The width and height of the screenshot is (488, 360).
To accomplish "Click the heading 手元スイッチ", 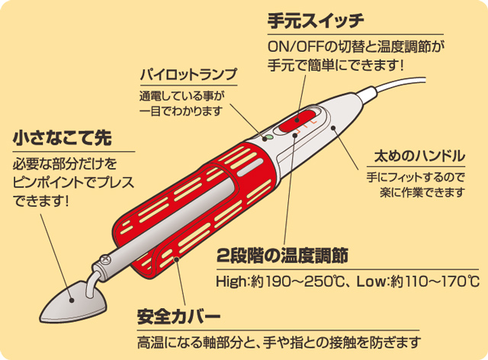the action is point(316,21).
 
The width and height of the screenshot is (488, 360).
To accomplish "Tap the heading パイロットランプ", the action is point(188,75).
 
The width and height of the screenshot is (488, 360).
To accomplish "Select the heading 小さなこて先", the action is point(63,138).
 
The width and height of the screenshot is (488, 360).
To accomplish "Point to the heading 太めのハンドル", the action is point(419,156).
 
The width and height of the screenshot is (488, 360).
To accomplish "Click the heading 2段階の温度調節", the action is point(282,256).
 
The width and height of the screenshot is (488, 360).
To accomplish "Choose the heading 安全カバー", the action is point(179,317).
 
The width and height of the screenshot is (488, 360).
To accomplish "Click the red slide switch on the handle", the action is point(297,121).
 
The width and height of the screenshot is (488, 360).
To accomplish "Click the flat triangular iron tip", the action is point(73,303).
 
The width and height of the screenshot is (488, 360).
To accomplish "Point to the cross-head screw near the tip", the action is point(105,259).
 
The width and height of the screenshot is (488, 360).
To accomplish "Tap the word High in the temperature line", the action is point(230,281).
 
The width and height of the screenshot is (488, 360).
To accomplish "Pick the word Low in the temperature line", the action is point(371,281).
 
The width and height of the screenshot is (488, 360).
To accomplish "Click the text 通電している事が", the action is point(182,96).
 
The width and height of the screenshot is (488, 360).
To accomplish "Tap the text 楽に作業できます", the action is point(422,193).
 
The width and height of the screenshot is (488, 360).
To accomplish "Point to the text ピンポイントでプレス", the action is point(73,182).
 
